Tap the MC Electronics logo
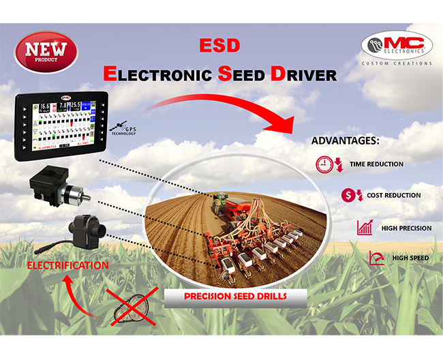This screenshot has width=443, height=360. (x=397, y=45)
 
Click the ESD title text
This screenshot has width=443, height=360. (x=219, y=46)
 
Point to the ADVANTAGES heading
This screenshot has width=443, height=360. (x=345, y=142)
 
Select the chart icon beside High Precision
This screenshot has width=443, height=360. (x=365, y=228)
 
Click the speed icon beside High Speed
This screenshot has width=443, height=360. (x=376, y=258)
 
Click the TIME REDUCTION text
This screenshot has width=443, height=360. (x=376, y=164)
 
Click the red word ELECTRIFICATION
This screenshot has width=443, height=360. (x=67, y=265)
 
